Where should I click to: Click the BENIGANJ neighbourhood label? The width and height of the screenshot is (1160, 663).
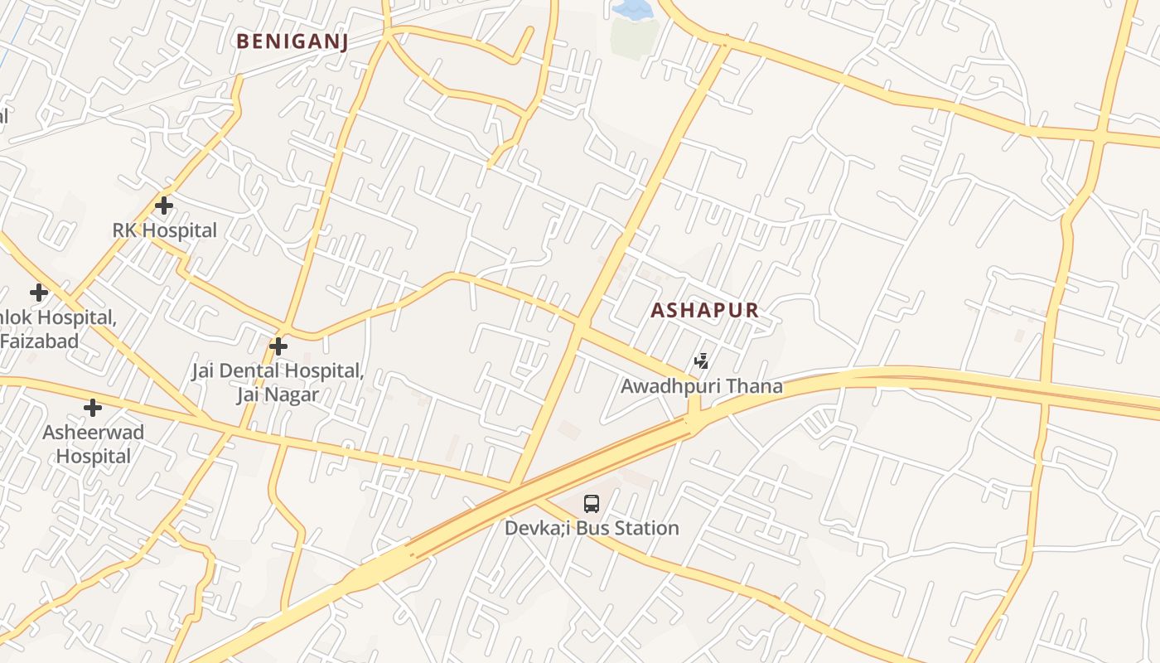click(x=292, y=41)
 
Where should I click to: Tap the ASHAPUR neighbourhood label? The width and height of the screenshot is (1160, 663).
click(x=704, y=311)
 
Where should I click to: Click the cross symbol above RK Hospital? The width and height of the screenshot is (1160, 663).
click(x=164, y=205)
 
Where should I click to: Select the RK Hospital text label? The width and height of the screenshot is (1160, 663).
click(x=164, y=230)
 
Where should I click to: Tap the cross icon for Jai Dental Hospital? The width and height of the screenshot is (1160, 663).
click(x=279, y=346)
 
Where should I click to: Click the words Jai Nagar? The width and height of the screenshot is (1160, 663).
click(x=278, y=394)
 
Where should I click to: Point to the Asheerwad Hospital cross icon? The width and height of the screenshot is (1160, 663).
click(x=93, y=408)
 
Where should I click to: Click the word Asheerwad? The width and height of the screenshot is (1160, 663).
click(x=93, y=433)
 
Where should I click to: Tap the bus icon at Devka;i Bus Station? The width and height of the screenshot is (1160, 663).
click(x=592, y=503)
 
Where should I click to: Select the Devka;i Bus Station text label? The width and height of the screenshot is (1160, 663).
click(x=592, y=528)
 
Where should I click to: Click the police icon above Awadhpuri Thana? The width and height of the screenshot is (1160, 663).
click(x=701, y=361)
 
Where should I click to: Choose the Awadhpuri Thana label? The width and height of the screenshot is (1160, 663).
click(x=701, y=386)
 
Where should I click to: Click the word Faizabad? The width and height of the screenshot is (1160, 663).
click(x=40, y=341)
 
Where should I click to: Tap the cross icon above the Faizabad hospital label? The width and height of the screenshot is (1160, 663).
click(x=39, y=293)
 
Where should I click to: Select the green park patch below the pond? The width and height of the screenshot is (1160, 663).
click(x=634, y=38)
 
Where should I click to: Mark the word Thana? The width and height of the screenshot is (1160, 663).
click(x=755, y=386)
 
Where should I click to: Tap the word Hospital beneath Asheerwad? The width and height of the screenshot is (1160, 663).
click(x=93, y=456)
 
